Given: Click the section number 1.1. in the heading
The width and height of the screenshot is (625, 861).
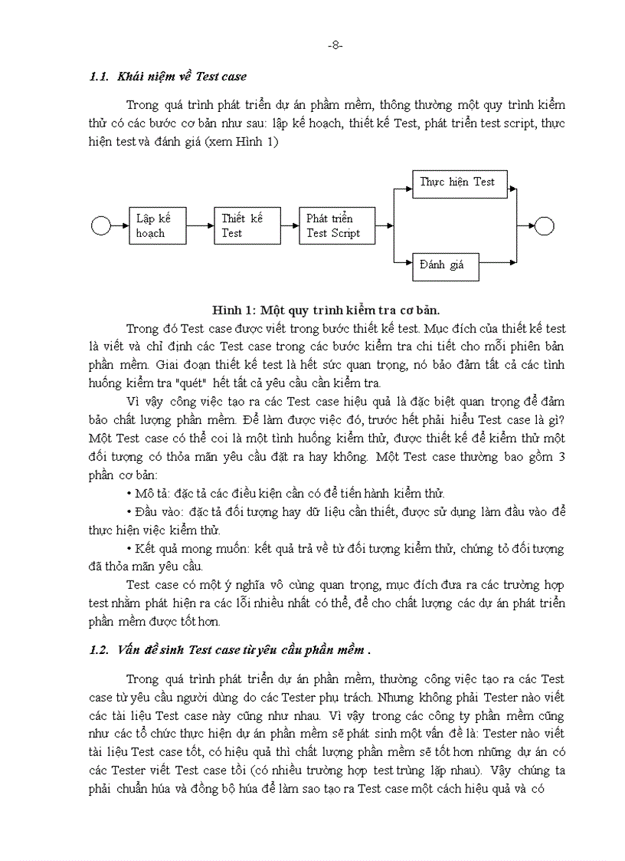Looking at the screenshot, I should (x=100, y=77).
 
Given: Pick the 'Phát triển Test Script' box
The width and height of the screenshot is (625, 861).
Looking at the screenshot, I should (x=337, y=225).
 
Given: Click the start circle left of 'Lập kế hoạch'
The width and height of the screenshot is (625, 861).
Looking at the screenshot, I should (x=100, y=225).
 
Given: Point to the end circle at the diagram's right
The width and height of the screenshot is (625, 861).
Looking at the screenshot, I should (x=544, y=225).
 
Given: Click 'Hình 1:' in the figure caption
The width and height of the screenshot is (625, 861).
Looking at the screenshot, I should (x=234, y=311).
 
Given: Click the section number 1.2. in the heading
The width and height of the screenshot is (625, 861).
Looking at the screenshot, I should (x=100, y=650).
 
